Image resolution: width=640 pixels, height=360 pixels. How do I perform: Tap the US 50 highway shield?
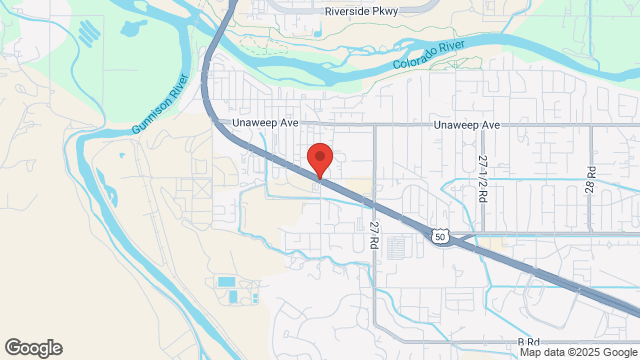[x=440, y=235]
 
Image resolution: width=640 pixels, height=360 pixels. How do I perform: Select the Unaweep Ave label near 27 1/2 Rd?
[x=466, y=125]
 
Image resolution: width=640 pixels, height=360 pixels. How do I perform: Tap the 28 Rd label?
[x=591, y=180]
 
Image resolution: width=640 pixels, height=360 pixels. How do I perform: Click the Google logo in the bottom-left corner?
[x=32, y=348]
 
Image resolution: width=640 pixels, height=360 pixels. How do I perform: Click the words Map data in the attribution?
[x=540, y=352]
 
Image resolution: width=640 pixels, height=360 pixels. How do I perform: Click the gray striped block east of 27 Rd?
[x=396, y=246]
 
